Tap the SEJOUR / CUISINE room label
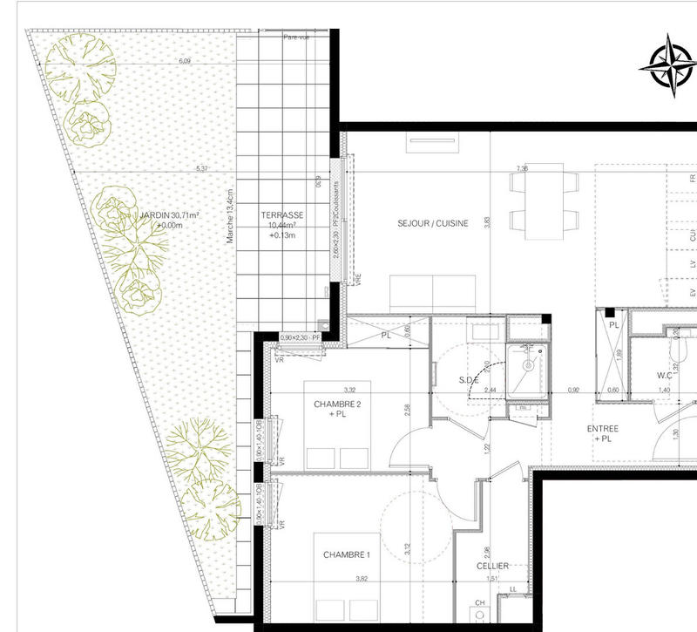pyautogui.click(x=433, y=223)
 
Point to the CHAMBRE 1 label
pyautogui.click(x=347, y=554)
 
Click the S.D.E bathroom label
pyautogui.click(x=470, y=380)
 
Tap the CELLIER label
pyautogui.click(x=492, y=566)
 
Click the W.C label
pyautogui.click(x=669, y=377)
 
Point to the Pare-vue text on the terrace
pyautogui.click(x=298, y=37)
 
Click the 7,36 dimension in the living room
pyautogui.click(x=522, y=168)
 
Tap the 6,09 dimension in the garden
pyautogui.click(x=184, y=61)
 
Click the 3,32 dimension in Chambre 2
pyautogui.click(x=348, y=390)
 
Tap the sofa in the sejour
pyautogui.click(x=432, y=289)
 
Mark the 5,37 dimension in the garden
pyautogui.click(x=203, y=168)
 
